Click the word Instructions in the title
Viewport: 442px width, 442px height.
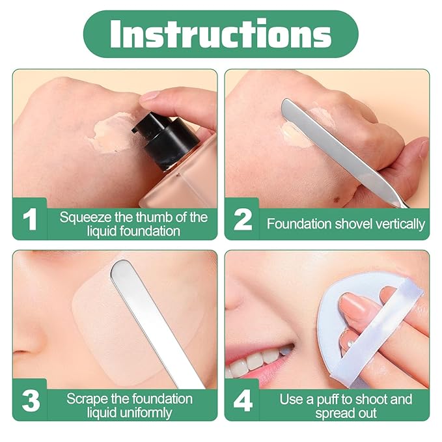coord(221,34)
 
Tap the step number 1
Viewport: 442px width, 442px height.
coord(29,219)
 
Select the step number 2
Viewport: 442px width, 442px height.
coord(242,219)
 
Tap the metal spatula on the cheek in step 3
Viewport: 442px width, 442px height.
coord(153,319)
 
